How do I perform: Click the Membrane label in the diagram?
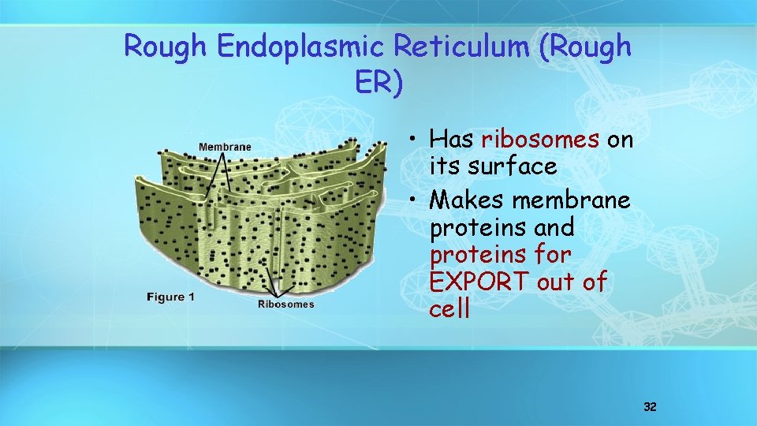225,147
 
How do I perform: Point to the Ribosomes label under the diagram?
285,304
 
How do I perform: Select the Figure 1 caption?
171,297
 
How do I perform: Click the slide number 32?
650,407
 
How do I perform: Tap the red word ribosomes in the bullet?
540,140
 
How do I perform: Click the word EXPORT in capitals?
479,282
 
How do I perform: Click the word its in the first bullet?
443,166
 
